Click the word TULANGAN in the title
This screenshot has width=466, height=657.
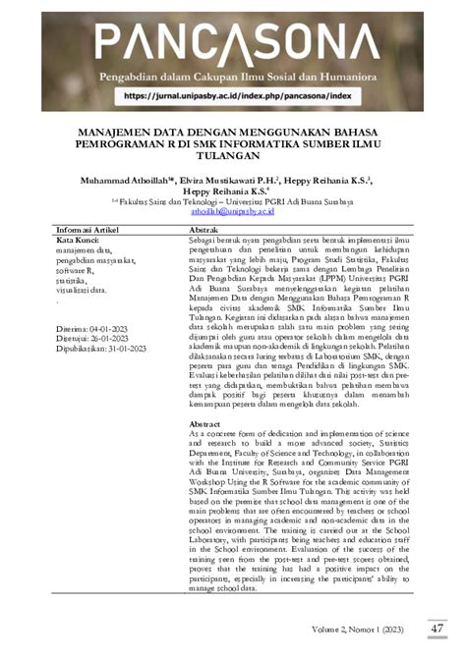click(x=233, y=154)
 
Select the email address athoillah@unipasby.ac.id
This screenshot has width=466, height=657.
click(x=232, y=210)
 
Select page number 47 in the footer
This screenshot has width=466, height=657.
click(x=437, y=628)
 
